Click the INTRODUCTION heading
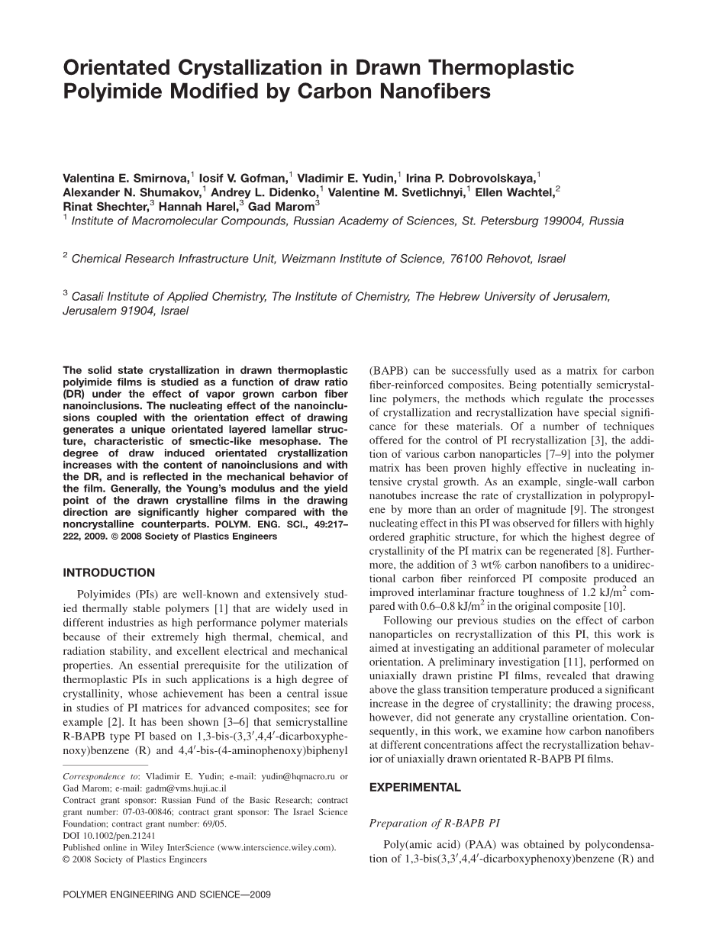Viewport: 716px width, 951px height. click(108, 572)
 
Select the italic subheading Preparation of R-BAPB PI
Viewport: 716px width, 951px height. click(435, 823)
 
